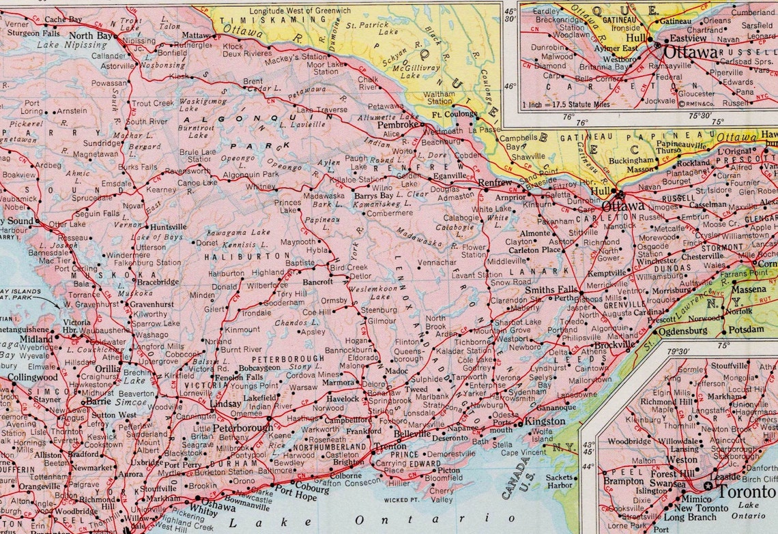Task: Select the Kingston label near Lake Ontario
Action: click(545, 422)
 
